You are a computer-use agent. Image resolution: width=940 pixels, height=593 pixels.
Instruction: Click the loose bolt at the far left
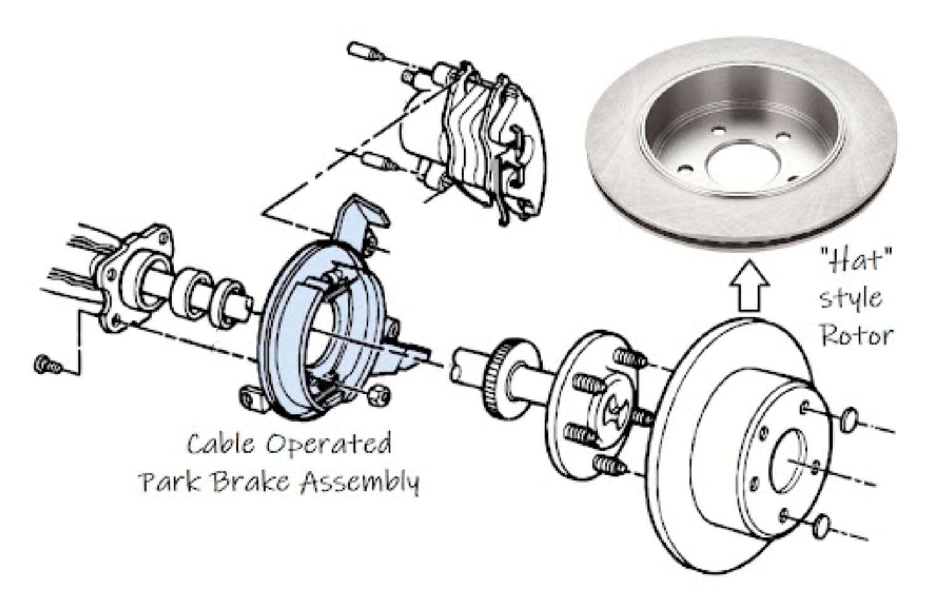click(x=47, y=364)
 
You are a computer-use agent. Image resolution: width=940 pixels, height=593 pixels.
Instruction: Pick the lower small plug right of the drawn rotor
click(x=823, y=525)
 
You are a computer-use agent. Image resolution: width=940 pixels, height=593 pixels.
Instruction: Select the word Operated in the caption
click(x=328, y=444)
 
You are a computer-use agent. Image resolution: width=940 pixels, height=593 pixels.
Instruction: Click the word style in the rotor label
click(x=851, y=298)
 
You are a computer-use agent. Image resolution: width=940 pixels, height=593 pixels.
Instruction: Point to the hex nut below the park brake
click(x=378, y=394)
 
